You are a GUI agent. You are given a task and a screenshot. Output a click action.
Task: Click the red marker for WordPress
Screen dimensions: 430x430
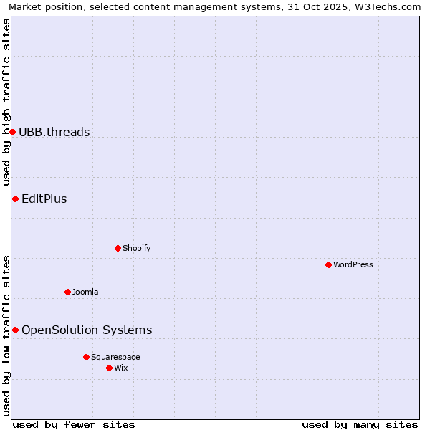328,264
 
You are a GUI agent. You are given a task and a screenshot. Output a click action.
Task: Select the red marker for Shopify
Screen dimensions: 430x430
118,248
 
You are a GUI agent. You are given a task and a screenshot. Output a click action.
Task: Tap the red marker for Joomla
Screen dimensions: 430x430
67,292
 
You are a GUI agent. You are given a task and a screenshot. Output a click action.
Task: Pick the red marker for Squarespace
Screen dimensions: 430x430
86,357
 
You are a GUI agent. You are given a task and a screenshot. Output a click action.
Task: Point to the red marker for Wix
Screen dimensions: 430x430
109,368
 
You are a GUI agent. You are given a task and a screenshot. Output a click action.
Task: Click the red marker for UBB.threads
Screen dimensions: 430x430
12,132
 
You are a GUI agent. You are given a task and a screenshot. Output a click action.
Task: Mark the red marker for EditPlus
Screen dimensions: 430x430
15,199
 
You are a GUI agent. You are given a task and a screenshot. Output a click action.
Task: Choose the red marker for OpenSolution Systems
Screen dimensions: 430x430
15,330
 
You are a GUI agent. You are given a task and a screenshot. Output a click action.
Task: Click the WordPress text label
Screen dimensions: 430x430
353,264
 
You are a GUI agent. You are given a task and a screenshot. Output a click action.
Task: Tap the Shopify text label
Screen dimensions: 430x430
136,248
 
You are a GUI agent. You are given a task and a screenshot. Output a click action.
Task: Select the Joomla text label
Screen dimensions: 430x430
85,292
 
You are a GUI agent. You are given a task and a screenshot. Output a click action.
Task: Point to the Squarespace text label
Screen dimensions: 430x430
115,357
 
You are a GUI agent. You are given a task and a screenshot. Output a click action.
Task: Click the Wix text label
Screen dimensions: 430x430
120,368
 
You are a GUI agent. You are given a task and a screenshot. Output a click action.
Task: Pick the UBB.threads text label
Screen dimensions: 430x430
54,132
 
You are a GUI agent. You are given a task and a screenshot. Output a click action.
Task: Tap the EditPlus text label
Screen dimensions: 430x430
44,199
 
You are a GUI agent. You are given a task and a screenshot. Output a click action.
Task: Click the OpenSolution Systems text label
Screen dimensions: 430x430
87,330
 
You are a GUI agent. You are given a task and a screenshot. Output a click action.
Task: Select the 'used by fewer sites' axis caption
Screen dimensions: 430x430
74,424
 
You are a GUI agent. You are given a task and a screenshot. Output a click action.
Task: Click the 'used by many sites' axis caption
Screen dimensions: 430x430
360,424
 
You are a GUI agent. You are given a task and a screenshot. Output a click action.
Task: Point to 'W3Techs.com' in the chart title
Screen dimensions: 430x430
390,7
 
